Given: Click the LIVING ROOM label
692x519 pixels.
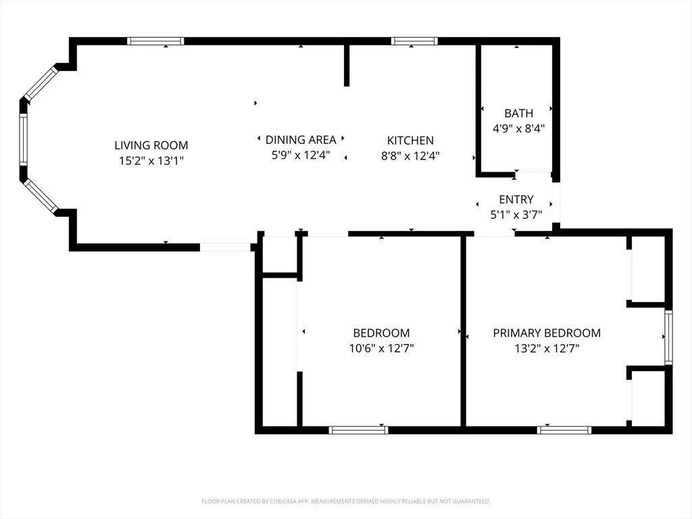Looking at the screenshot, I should pos(151,145).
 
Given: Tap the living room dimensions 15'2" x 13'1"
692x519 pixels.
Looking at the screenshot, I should pos(151,161).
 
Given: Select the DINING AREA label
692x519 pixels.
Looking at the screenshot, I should pos(301,140).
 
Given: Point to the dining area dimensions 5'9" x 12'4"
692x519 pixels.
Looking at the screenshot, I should pos(301,155).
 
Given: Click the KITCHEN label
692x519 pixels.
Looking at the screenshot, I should pos(410,141).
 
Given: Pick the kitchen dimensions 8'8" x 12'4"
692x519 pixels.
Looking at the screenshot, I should pos(410,156).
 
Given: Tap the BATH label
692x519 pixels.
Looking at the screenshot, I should pos(518,113).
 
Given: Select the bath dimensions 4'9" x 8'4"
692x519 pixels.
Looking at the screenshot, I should pos(518,128).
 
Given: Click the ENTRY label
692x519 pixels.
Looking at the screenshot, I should pos(516,199).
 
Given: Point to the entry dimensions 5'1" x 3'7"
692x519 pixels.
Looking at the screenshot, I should pos(516,215).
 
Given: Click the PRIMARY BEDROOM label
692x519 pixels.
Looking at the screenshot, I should pos(547,332).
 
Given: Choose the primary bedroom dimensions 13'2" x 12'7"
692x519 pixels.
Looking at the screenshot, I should pos(547,349).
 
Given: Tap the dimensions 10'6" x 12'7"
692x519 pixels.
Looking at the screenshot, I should pos(381,349).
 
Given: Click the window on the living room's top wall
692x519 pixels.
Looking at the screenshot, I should pos(155,41).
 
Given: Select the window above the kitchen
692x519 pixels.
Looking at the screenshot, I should pos(414,41).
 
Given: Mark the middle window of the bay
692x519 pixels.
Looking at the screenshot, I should pos(23,139).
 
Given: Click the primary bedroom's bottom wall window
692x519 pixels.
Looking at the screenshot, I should pos(564,430).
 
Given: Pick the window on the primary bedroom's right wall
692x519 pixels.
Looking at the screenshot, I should pos(668,337).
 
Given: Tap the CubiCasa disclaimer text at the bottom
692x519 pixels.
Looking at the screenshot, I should pos(345,501).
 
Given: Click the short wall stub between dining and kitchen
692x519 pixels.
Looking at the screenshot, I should pos(347,66).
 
